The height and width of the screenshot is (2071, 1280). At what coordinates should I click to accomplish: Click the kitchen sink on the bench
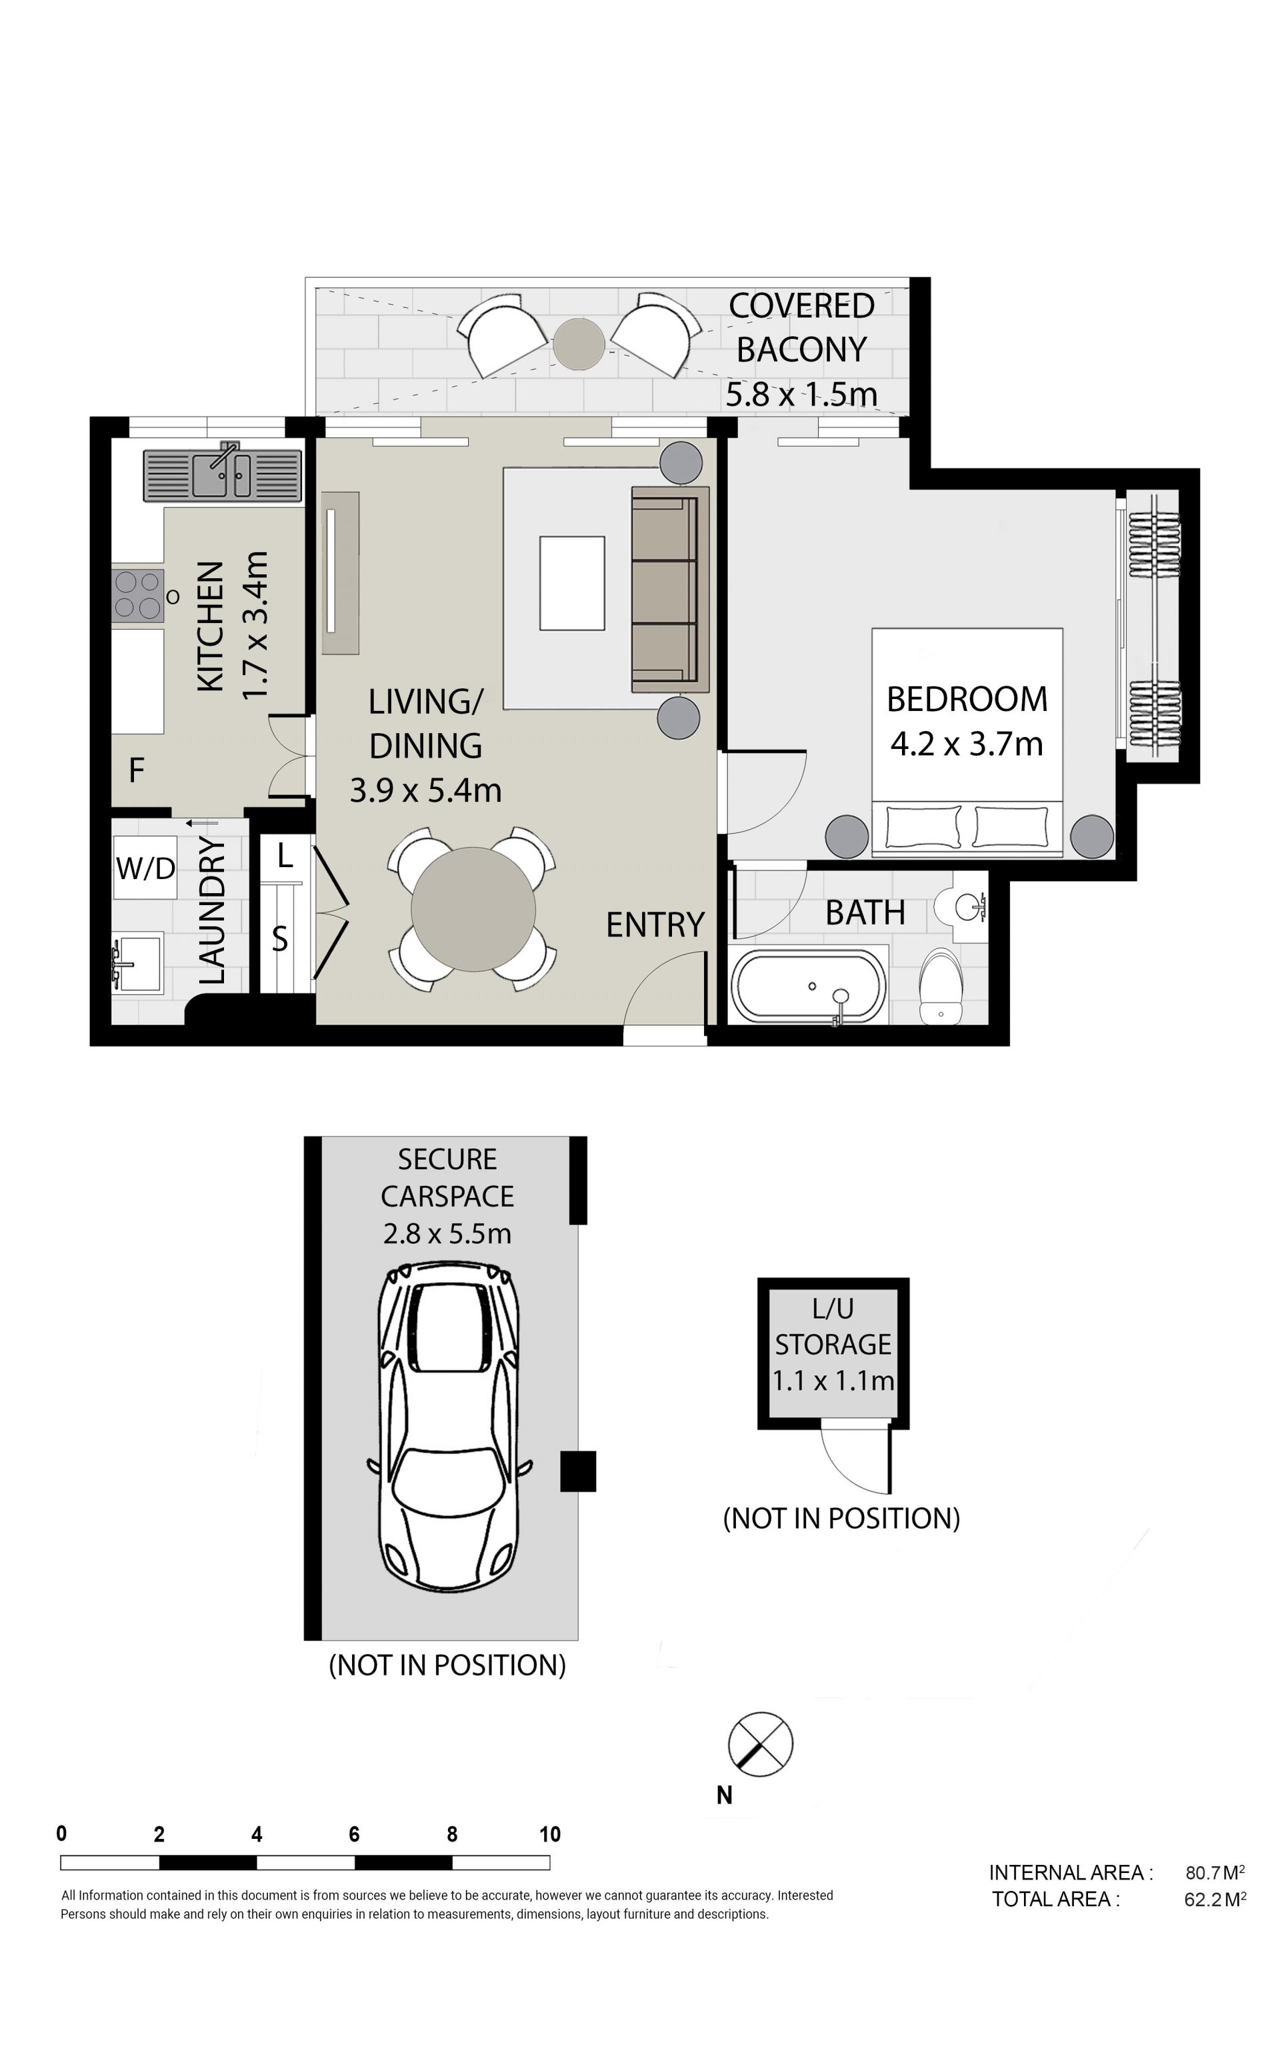click(222, 474)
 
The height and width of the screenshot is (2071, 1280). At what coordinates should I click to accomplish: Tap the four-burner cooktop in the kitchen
click(138, 596)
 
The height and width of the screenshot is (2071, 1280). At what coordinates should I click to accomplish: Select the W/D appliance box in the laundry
click(145, 867)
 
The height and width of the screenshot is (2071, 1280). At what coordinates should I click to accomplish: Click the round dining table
click(473, 909)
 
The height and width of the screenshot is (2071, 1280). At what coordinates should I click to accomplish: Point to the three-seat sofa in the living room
click(669, 590)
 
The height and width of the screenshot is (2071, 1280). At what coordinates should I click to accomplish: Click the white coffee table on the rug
click(572, 583)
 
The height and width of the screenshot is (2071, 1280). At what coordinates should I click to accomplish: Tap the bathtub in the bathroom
click(809, 986)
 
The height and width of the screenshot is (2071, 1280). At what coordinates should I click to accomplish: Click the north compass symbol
click(760, 1744)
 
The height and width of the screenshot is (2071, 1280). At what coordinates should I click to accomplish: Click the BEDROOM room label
click(967, 700)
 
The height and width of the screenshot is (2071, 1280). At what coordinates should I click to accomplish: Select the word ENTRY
click(655, 925)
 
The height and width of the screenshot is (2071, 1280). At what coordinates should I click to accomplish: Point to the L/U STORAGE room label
click(833, 1327)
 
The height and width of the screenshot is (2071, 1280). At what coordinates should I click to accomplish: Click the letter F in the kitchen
click(136, 770)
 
